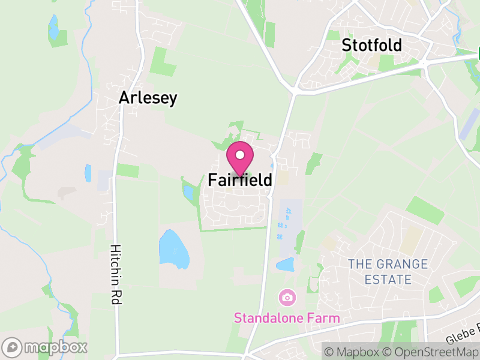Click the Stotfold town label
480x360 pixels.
pos(371,45)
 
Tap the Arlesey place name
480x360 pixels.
pos(148,98)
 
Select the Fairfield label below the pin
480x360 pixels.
pos(240,179)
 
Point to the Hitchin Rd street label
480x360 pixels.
pos(114,275)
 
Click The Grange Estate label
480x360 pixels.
pos(388,272)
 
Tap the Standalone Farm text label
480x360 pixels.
pos(287,318)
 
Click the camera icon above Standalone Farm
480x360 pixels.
pos(287,297)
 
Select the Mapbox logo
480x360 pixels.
pos(46,347)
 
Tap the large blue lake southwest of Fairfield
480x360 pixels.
pos(173,248)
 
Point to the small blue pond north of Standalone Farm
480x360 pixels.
pos(285,265)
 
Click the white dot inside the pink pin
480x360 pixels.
pos(240,155)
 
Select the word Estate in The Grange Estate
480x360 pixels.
pos(388,280)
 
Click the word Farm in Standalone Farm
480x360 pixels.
pos(325,318)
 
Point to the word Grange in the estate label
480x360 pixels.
pos(402,265)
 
